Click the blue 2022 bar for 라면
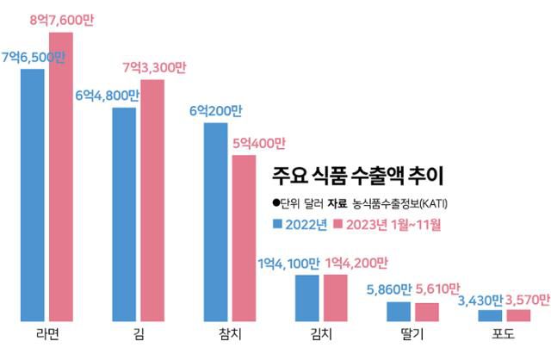pyautogui.click(x=33, y=195)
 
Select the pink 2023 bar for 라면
pyautogui.click(x=61, y=177)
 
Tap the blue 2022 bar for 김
pyautogui.click(x=124, y=214)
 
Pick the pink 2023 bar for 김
pyautogui.click(x=152, y=201)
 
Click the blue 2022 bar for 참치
pyautogui.click(x=216, y=222)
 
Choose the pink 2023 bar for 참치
pyautogui.click(x=245, y=239)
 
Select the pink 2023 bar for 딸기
pyautogui.click(x=427, y=312)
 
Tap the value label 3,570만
pyautogui.click(x=526, y=297)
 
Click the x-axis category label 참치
pyautogui.click(x=230, y=334)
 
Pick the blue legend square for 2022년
pyautogui.click(x=277, y=226)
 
